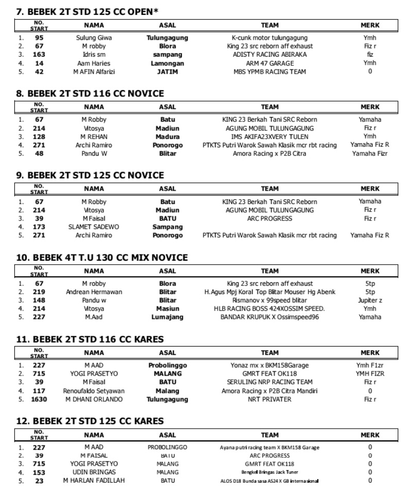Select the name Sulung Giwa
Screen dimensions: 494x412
click(x=94, y=38)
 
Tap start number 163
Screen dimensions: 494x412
click(x=39, y=55)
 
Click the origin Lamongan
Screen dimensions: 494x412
click(x=167, y=63)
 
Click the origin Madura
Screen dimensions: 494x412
click(x=167, y=137)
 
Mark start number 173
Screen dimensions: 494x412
click(x=39, y=227)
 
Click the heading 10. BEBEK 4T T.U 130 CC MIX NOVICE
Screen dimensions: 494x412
click(x=103, y=258)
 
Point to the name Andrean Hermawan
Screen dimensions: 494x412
click(x=94, y=292)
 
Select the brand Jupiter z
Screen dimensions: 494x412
click(x=370, y=300)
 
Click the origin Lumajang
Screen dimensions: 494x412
click(x=167, y=317)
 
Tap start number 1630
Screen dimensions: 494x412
click(x=39, y=399)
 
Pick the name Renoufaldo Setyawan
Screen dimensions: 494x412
click(x=94, y=391)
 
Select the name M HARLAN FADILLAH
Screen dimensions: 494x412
click(x=94, y=481)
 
